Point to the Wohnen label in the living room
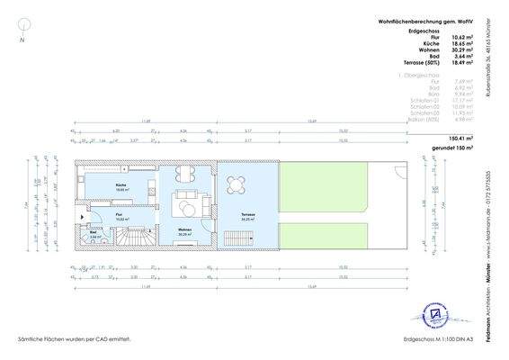185,231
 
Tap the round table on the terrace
237,184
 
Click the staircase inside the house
138,239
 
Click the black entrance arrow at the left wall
83,216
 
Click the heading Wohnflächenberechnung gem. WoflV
428,20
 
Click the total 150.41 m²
457,139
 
